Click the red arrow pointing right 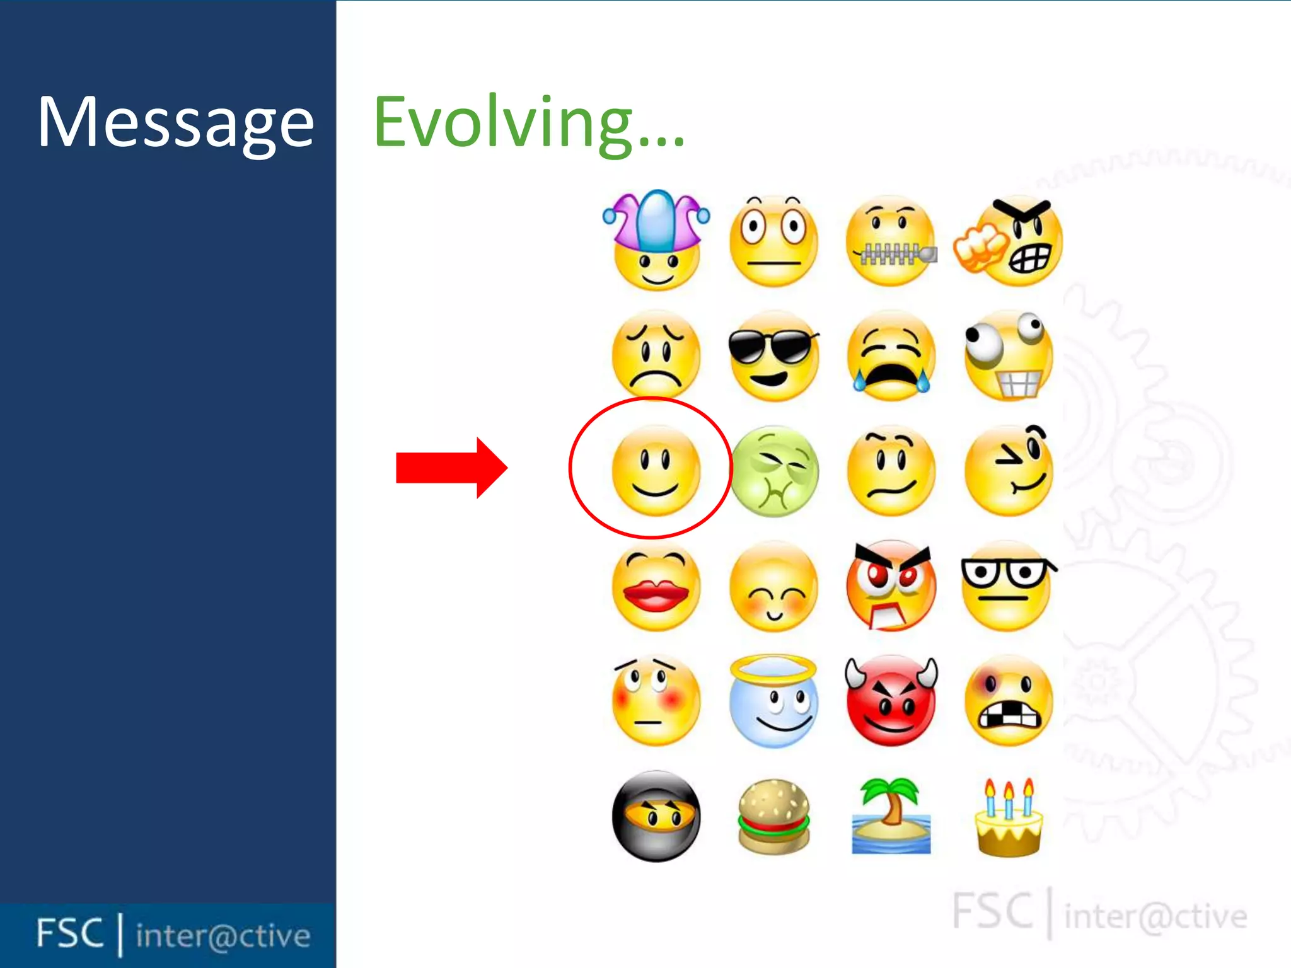click(x=451, y=468)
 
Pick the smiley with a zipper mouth click(x=890, y=242)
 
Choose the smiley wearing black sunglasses click(x=773, y=355)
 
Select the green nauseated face click(x=774, y=471)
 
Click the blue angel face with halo click(x=773, y=701)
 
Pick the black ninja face click(x=656, y=816)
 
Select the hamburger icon click(x=773, y=817)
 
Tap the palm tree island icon click(x=891, y=817)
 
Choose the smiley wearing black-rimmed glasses click(x=1007, y=586)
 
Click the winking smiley click(x=1009, y=471)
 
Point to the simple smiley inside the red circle click(x=656, y=470)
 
